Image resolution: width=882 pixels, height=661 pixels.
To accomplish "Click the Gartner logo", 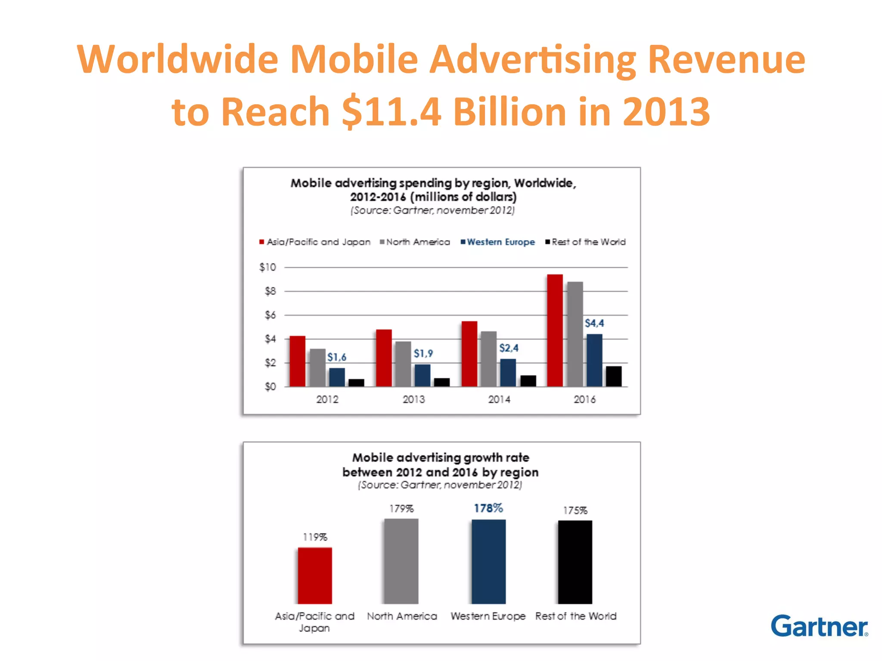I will [x=819, y=626].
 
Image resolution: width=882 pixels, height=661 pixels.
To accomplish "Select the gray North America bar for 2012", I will [x=317, y=368].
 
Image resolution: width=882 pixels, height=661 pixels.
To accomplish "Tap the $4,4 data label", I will [x=594, y=323].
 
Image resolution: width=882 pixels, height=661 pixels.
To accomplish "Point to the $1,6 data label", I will [x=336, y=357].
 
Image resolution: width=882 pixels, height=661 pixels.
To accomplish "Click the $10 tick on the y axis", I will [x=267, y=267].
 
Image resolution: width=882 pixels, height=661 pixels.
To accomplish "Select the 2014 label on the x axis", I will [x=499, y=400].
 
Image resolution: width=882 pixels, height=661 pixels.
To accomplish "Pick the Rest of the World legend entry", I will [x=585, y=242].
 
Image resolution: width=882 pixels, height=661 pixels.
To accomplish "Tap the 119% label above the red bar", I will [x=315, y=537].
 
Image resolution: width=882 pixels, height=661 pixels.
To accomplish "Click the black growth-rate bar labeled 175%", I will [x=575, y=562].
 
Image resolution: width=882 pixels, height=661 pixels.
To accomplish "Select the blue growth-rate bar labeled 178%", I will [x=488, y=562].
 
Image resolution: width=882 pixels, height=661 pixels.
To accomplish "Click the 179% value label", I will [x=401, y=509].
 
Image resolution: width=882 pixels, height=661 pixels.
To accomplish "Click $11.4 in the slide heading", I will [x=391, y=111].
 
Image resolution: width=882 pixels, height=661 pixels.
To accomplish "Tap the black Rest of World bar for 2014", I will [x=528, y=381].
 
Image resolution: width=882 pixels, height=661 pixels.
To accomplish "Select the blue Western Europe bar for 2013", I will [x=422, y=375].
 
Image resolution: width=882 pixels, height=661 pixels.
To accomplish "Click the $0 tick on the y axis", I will [x=270, y=386].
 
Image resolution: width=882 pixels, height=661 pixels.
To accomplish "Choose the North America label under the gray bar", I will [x=402, y=616].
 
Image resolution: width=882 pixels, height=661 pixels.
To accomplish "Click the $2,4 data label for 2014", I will [x=509, y=348].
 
